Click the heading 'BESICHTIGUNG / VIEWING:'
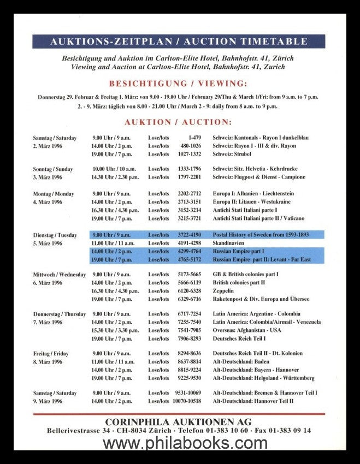click(x=178, y=84)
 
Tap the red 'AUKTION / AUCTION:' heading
click(x=178, y=122)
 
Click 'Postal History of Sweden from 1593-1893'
click(x=261, y=235)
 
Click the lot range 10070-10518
click(x=187, y=401)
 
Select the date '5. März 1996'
click(x=48, y=243)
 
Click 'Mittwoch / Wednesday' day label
click(x=59, y=275)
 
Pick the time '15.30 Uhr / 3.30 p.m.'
click(x=115, y=330)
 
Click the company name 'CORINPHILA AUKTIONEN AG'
click(x=178, y=422)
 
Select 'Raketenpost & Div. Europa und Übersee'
click(x=261, y=299)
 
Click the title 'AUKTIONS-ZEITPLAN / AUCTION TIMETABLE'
click(x=178, y=41)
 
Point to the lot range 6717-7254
click(x=189, y=314)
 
